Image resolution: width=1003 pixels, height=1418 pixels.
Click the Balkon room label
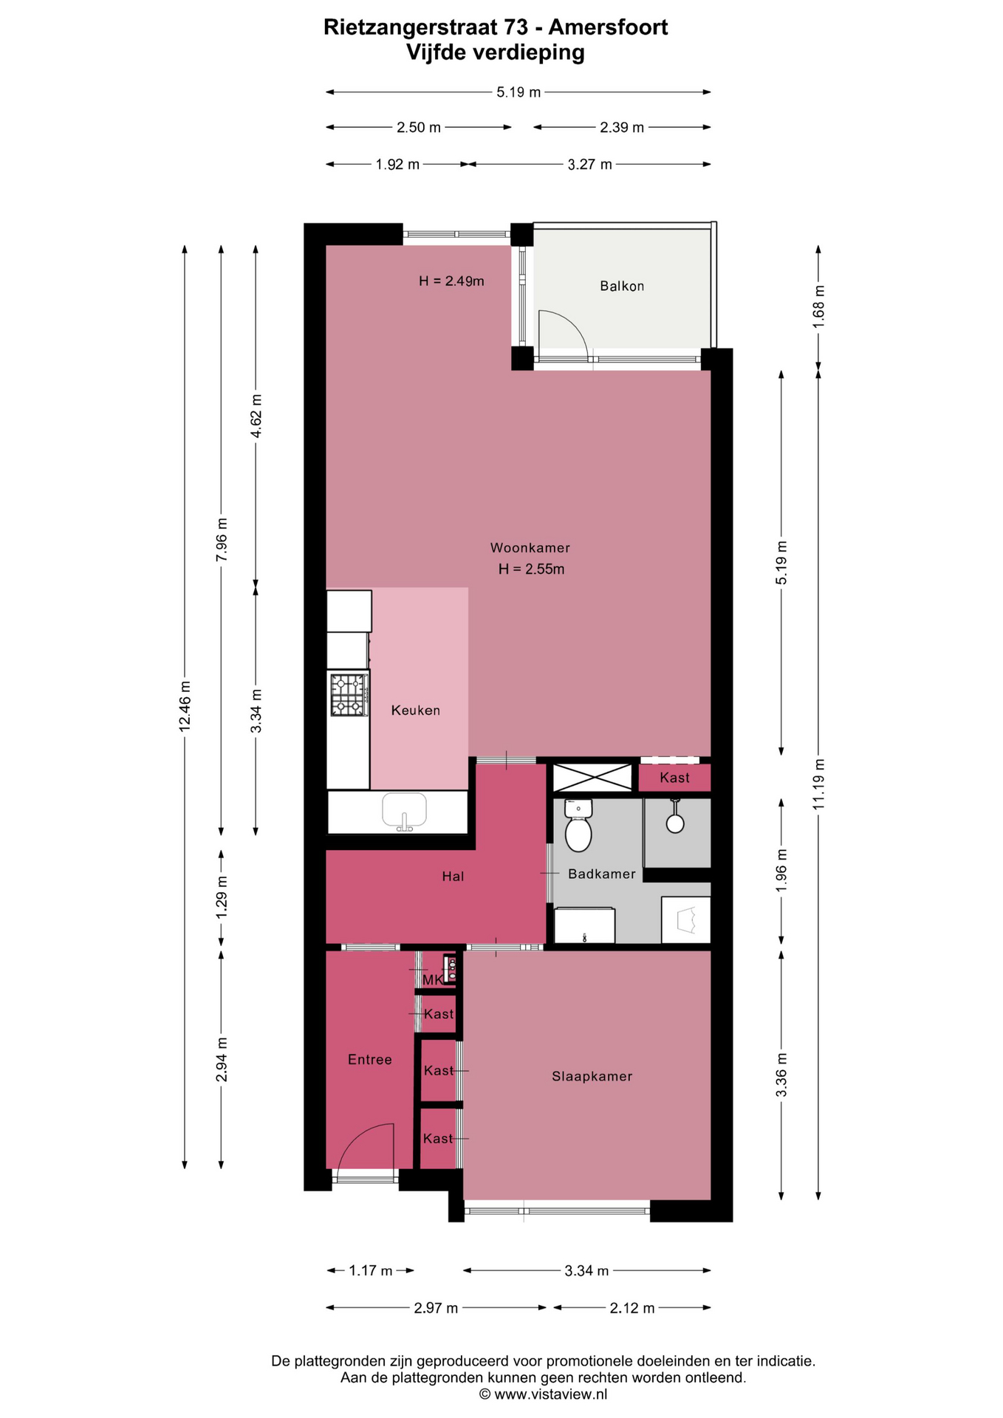(x=622, y=286)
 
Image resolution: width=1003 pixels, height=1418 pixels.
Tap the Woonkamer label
(x=530, y=548)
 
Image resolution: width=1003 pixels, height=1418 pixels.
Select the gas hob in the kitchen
(x=349, y=695)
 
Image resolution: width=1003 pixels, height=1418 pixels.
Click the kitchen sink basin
(x=404, y=810)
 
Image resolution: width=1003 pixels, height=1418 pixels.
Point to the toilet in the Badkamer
(x=578, y=826)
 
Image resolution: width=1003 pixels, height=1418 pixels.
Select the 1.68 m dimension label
(x=818, y=302)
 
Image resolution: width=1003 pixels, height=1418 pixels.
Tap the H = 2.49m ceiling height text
(x=451, y=281)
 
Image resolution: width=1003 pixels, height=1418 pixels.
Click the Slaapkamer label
(x=592, y=1077)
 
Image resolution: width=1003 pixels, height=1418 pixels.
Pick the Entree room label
(x=370, y=1060)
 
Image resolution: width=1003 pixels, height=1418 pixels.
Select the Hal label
(x=453, y=877)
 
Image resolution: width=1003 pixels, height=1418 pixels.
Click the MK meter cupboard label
(x=432, y=980)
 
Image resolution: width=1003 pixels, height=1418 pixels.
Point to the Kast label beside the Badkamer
(x=674, y=778)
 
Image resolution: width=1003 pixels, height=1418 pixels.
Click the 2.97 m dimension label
(x=436, y=1308)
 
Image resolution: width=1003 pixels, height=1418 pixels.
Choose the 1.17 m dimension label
(x=371, y=1270)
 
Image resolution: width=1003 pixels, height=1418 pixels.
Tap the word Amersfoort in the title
(x=608, y=27)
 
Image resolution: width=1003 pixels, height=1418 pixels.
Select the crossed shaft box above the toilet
(x=592, y=778)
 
